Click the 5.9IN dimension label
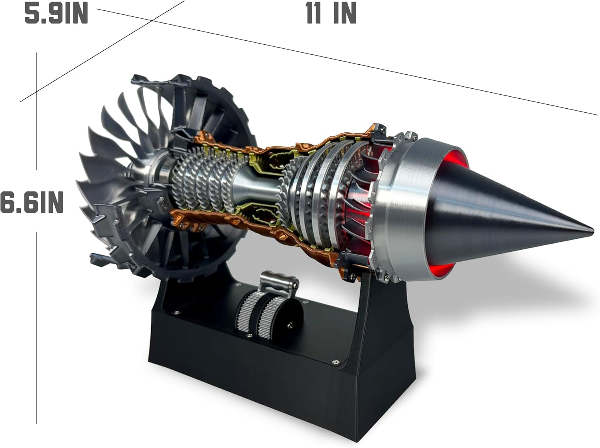pos(56,14)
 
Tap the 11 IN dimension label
pos(331,14)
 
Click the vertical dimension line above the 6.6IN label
pos(36,112)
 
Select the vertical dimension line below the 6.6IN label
pos(36,328)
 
